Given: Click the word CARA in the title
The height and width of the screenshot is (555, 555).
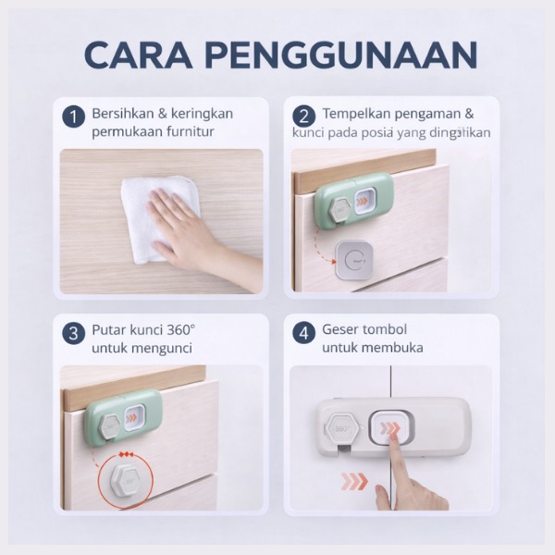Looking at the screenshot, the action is (x=139, y=55).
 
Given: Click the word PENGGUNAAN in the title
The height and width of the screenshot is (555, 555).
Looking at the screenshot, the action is (x=341, y=55).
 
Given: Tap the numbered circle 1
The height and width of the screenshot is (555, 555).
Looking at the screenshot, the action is (x=74, y=117).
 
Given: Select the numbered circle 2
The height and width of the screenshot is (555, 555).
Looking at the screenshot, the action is (x=304, y=117).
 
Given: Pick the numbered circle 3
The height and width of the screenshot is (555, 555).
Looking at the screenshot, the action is (x=74, y=333).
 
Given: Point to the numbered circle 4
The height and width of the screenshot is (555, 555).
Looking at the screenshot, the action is (x=304, y=333).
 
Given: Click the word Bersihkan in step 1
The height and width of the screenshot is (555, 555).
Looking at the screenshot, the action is (x=122, y=114).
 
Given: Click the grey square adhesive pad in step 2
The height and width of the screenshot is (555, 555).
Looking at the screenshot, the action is (x=354, y=259).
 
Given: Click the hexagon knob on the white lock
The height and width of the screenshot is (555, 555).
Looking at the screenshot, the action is (x=341, y=428).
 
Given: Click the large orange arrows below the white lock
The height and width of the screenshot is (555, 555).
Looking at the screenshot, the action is (x=354, y=481).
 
